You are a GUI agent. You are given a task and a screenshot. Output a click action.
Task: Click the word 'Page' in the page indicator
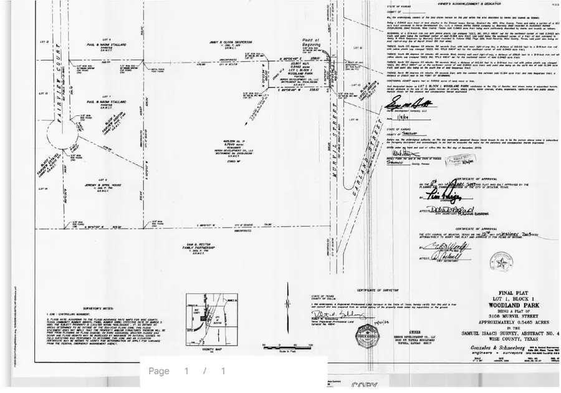pyautogui.click(x=158, y=371)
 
